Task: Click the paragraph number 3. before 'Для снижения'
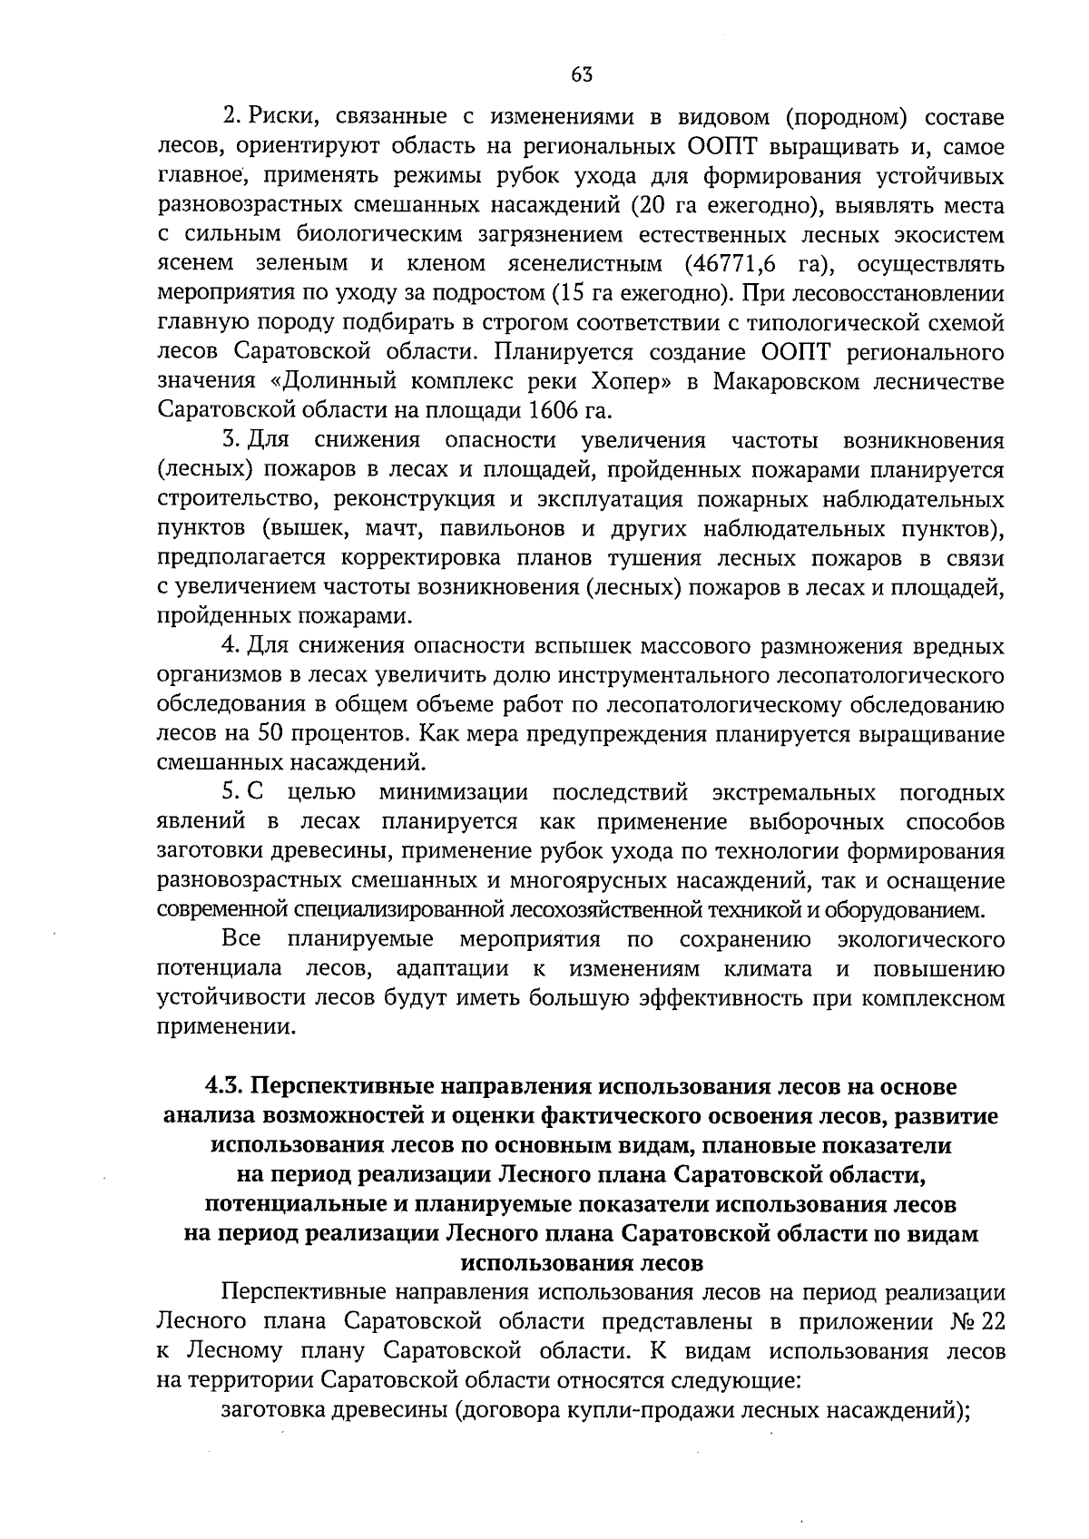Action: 230,441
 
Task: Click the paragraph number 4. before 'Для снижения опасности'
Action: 230,646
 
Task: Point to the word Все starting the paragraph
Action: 241,939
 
